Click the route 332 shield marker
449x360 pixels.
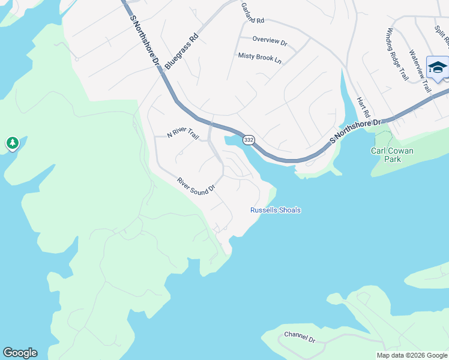[249, 140]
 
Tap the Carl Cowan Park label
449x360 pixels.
[393, 155]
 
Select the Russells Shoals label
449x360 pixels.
[276, 210]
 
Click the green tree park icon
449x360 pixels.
[12, 143]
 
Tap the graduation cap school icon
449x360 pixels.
[437, 67]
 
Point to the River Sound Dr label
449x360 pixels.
[196, 185]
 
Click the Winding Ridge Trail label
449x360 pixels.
[397, 54]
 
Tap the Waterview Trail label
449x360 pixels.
[420, 71]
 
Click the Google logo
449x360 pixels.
[20, 353]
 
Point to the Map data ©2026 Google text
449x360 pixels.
[412, 355]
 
